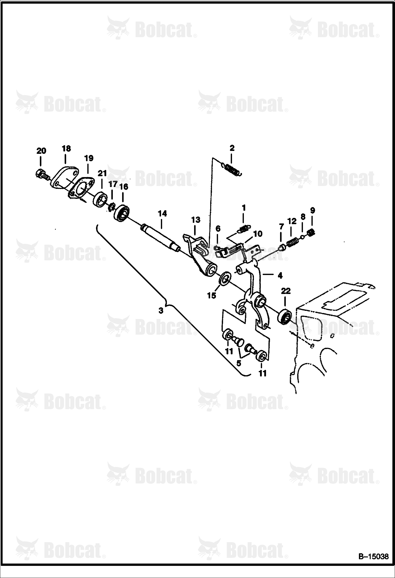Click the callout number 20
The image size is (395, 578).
pyautogui.click(x=41, y=151)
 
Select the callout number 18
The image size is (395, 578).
pyautogui.click(x=66, y=149)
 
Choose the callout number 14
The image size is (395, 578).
pyautogui.click(x=162, y=213)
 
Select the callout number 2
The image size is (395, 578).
pyautogui.click(x=232, y=148)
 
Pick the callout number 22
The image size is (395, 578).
pyautogui.click(x=286, y=291)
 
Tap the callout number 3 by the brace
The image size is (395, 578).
pyautogui.click(x=161, y=310)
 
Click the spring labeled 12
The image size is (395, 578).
pyautogui.click(x=292, y=242)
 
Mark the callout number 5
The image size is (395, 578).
pyautogui.click(x=239, y=363)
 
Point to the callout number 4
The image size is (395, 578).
pyautogui.click(x=280, y=276)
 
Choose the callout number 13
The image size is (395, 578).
pyautogui.click(x=196, y=219)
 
